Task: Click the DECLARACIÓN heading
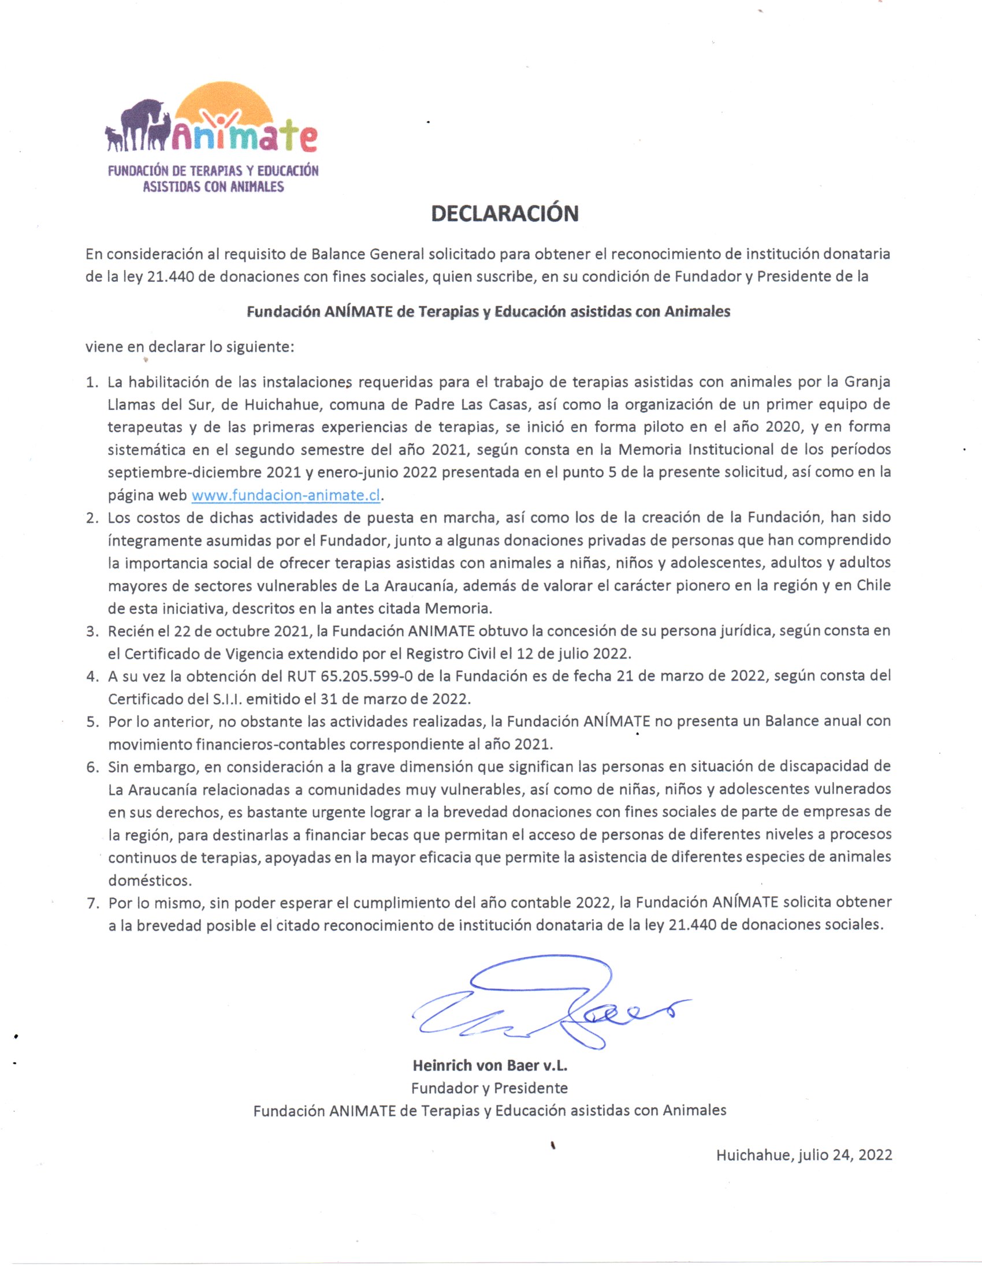504,214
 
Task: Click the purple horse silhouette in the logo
140,119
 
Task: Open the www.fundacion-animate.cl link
285,495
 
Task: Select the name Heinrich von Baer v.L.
490,1065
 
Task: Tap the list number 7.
92,903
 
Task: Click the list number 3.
92,632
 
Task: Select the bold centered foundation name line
488,312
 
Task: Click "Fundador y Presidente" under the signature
489,1088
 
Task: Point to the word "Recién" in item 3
131,631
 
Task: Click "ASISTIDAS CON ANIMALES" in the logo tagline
214,186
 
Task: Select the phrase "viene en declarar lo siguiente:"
190,347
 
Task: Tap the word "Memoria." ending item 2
459,608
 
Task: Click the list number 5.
92,722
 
